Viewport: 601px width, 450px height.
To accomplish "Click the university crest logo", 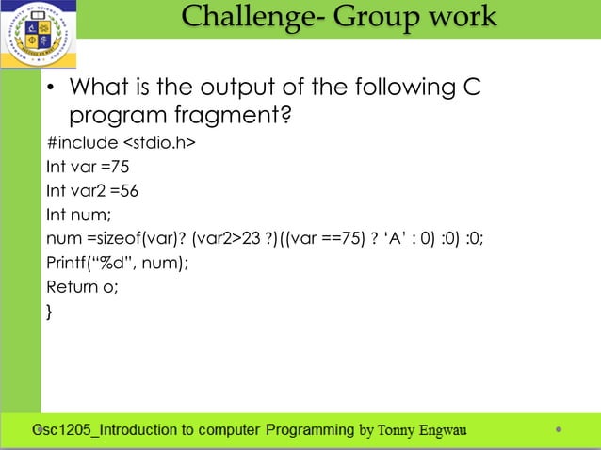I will (x=38, y=35).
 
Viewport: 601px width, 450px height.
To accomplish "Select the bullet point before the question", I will (x=54, y=90).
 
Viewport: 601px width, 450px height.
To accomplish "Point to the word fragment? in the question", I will (x=236, y=118).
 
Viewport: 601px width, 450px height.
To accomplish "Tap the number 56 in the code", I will (x=128, y=191).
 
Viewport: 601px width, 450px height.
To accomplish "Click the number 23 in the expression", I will (x=251, y=238).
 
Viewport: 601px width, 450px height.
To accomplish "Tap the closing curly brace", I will (x=50, y=312).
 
